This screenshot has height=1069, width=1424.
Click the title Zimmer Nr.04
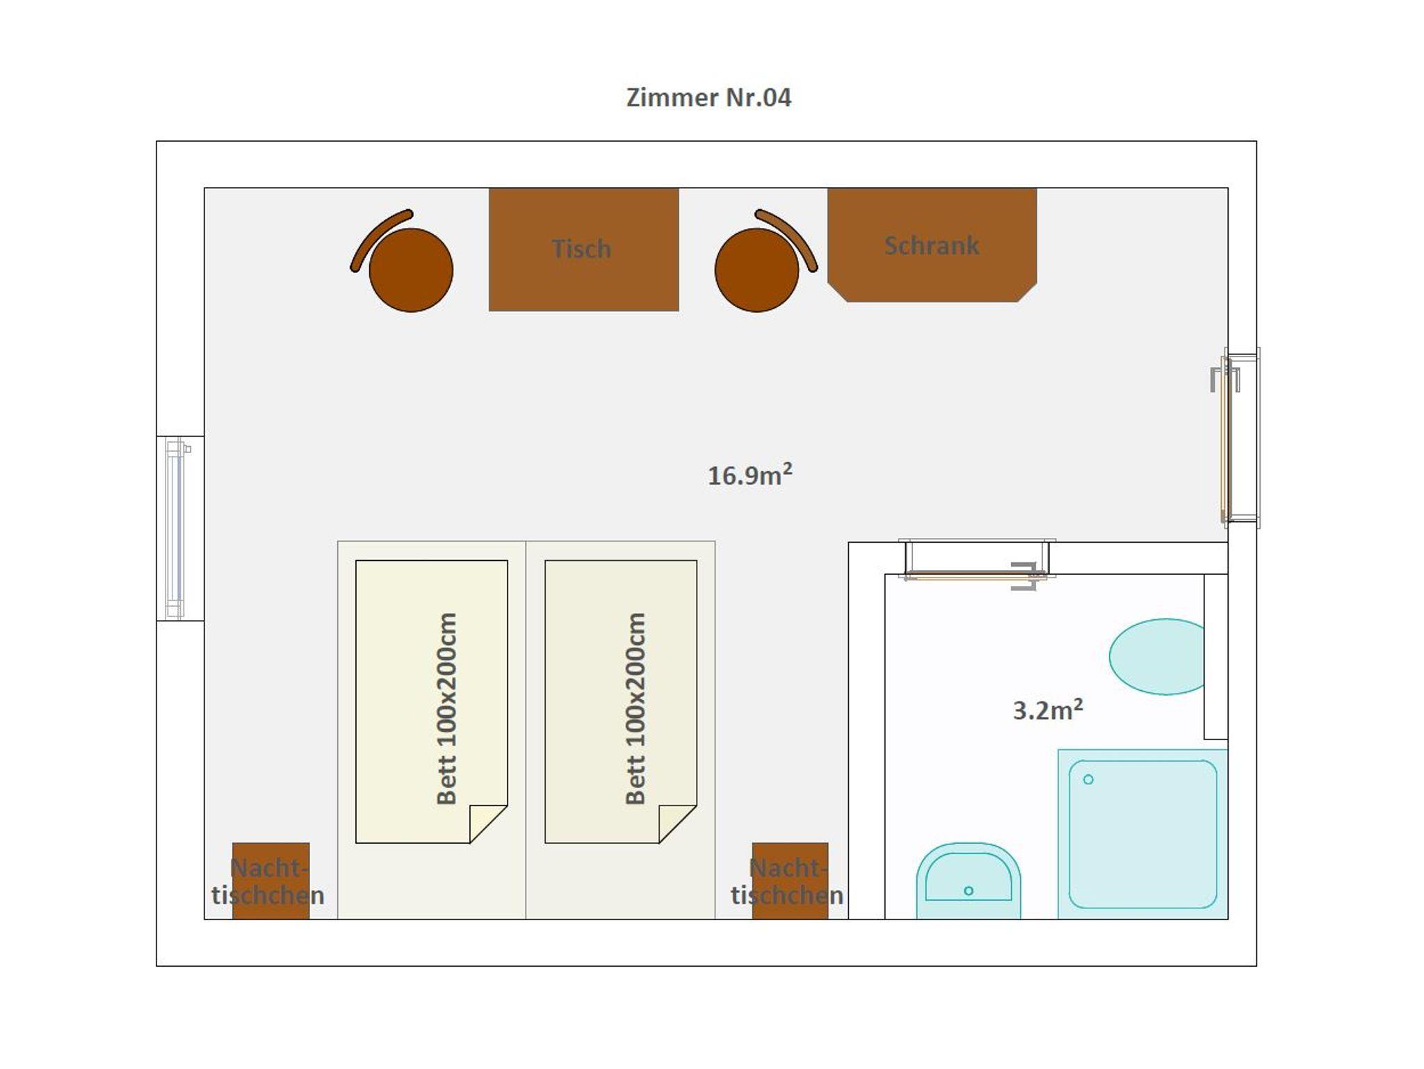pyautogui.click(x=709, y=97)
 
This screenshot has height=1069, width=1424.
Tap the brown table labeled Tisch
pyautogui.click(x=583, y=249)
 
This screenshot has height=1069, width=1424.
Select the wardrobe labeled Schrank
pyautogui.click(x=932, y=245)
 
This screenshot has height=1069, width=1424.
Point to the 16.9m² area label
pyautogui.click(x=750, y=475)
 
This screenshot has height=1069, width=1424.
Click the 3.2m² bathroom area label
pyautogui.click(x=1048, y=710)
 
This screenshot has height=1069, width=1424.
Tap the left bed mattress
pyautogui.click(x=431, y=701)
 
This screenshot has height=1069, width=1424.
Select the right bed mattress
pyautogui.click(x=620, y=701)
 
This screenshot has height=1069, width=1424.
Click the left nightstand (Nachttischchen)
pyautogui.click(x=270, y=881)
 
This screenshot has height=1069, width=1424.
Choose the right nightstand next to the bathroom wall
pyautogui.click(x=790, y=881)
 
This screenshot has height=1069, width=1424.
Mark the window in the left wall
pyautogui.click(x=176, y=528)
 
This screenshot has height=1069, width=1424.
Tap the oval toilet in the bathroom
pyautogui.click(x=1157, y=656)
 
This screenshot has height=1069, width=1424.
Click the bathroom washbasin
pyautogui.click(x=969, y=881)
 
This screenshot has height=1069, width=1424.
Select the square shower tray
pyautogui.click(x=1142, y=834)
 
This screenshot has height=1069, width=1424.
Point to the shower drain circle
pyautogui.click(x=1088, y=779)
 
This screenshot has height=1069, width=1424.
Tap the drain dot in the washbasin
pyautogui.click(x=969, y=890)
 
